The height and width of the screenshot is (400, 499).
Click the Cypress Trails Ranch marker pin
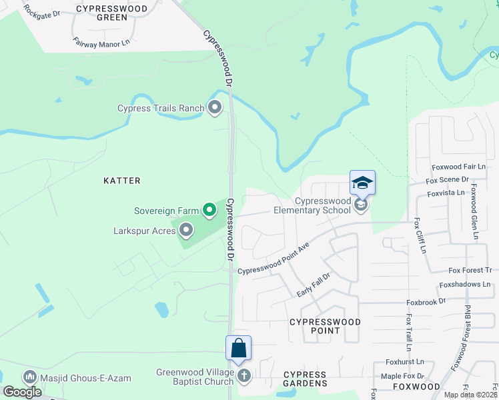215,107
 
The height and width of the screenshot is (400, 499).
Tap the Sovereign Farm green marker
209,211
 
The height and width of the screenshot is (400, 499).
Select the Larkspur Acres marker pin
186,231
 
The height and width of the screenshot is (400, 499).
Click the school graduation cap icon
362,183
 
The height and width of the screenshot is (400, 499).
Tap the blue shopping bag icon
238,347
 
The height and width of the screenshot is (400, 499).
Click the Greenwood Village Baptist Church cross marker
244,377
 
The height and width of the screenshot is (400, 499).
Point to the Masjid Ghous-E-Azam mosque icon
29,377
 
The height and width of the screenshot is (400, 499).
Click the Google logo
23,392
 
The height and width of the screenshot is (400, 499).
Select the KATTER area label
122,181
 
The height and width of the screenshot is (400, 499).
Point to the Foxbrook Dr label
427,301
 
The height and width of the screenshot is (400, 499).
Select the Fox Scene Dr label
447,179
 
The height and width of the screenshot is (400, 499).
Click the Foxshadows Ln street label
464,284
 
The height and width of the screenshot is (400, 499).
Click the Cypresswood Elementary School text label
322,205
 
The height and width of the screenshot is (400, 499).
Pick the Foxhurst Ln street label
404,362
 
